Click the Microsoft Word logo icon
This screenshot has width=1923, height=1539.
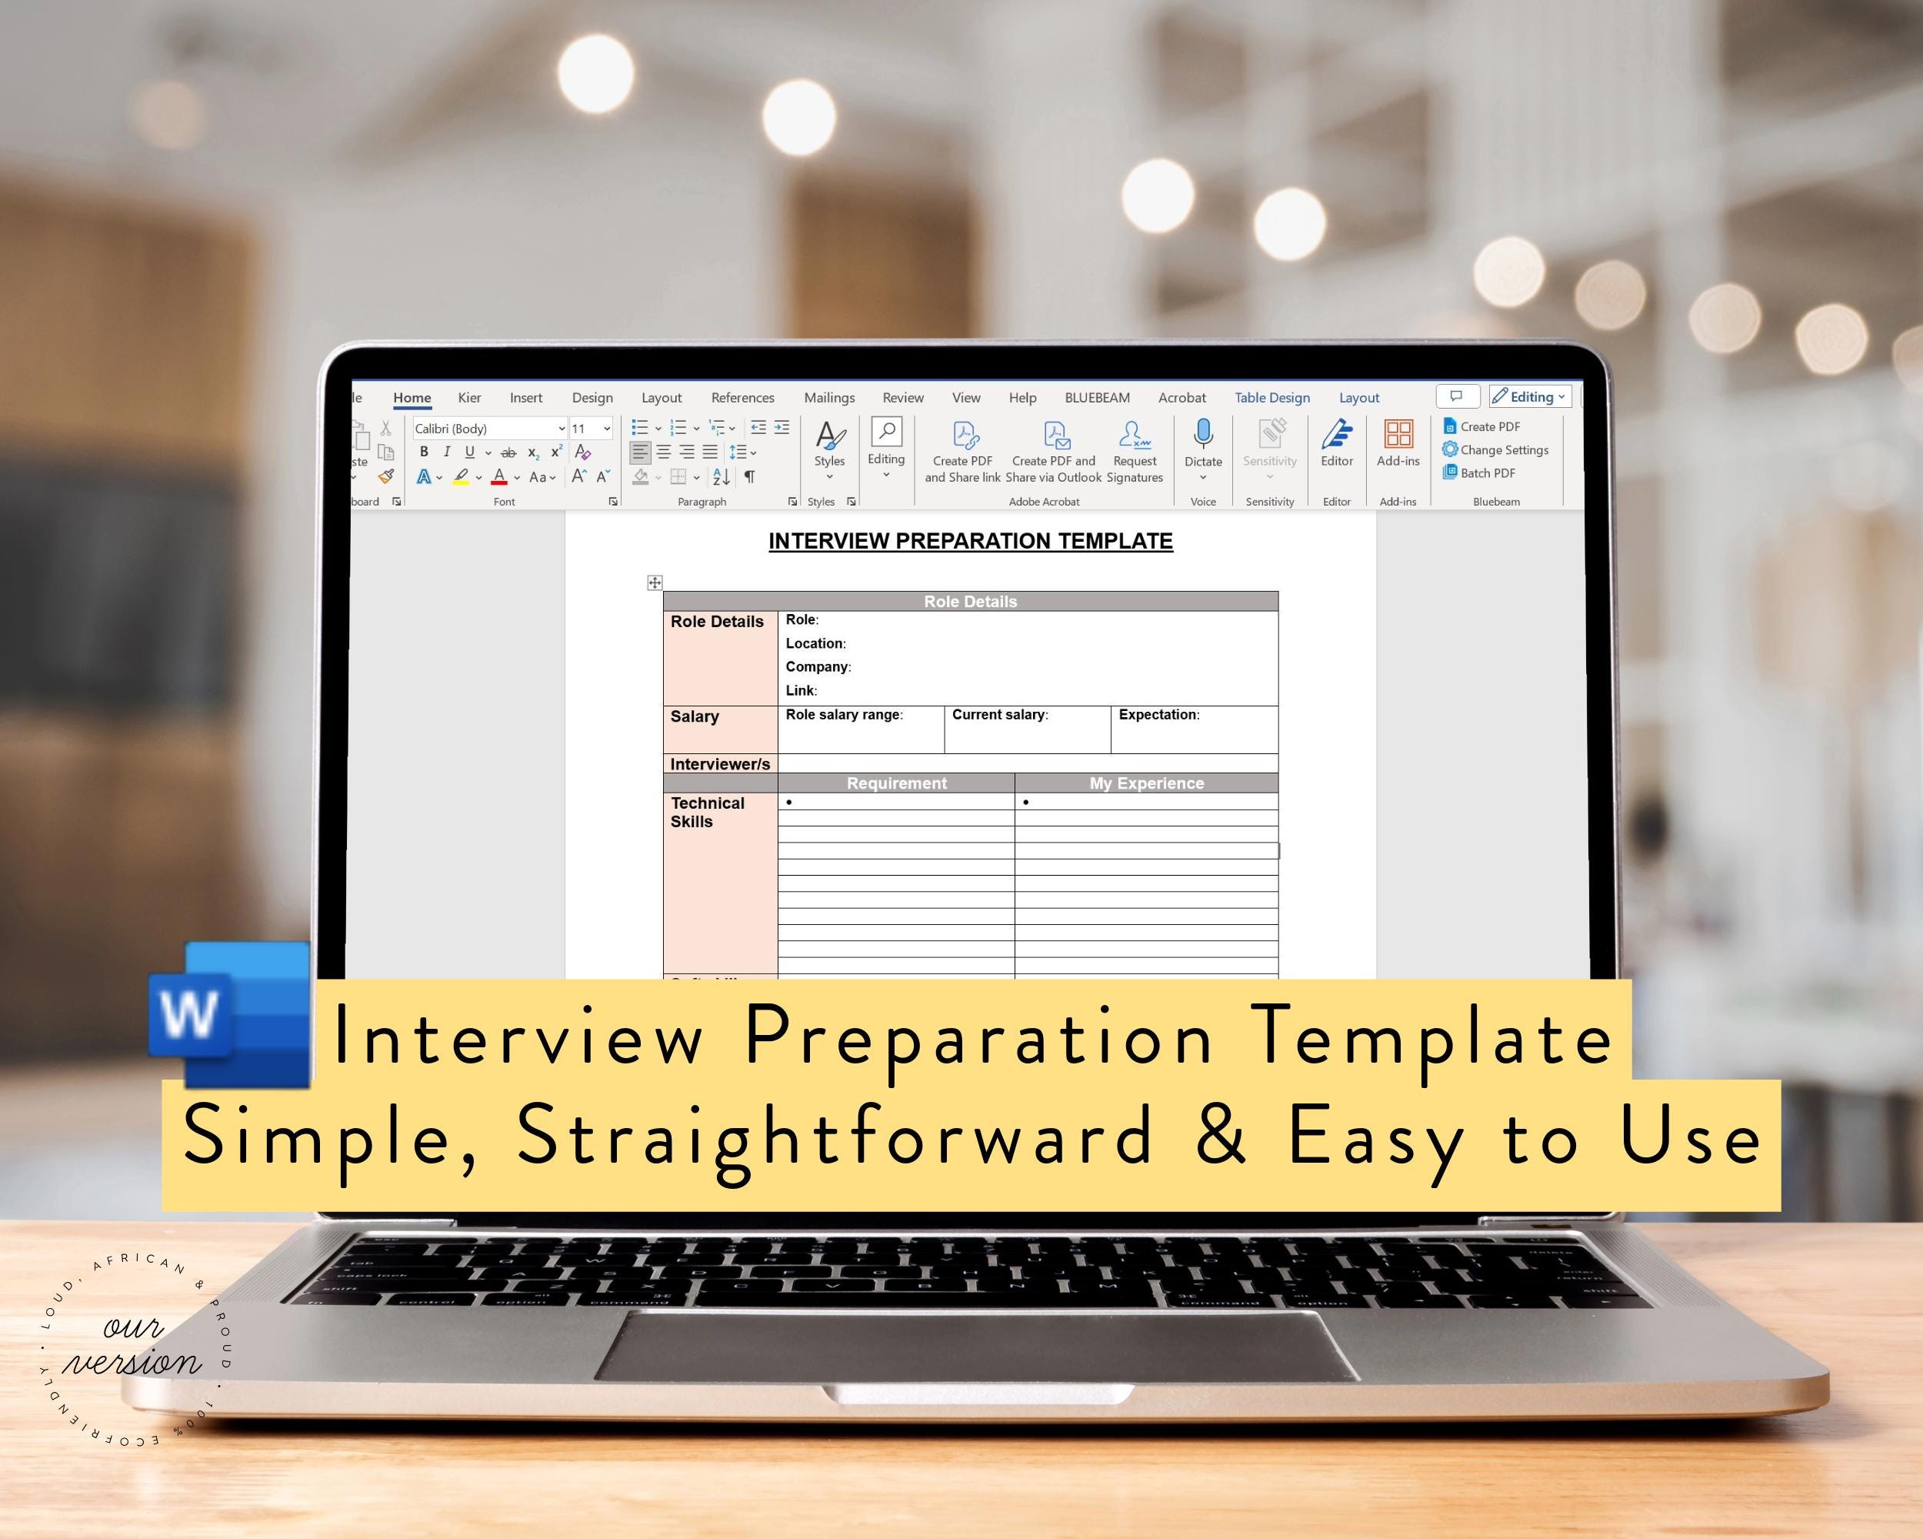point(230,1014)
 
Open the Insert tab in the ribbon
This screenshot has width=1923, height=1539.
point(525,398)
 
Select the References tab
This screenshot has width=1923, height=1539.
point(742,398)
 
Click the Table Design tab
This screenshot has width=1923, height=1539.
point(1272,398)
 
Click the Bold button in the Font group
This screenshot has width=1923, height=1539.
point(424,452)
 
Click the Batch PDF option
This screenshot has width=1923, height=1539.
point(1487,472)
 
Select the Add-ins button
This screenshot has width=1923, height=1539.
point(1398,443)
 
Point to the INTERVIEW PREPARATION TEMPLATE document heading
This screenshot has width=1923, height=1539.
point(971,542)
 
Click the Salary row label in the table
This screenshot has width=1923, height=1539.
point(694,716)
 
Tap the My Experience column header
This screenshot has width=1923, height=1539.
point(1146,783)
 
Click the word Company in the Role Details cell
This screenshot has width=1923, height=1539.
point(817,666)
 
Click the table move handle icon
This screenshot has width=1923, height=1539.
point(655,583)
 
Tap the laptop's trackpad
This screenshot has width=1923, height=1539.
point(976,1357)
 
